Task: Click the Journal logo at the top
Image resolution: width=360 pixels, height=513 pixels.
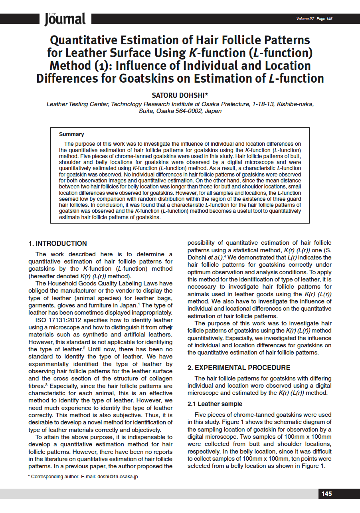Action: click(x=65, y=19)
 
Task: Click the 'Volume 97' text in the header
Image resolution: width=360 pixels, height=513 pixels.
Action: click(x=305, y=19)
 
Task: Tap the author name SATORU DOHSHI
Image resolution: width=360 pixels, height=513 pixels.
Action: click(x=180, y=95)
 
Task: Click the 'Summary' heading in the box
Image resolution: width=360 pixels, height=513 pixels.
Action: click(x=71, y=135)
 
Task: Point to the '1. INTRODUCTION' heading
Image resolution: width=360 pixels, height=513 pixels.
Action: click(x=57, y=244)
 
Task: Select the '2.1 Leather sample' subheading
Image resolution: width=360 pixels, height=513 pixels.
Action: click(x=215, y=404)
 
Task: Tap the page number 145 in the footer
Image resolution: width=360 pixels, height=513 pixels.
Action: click(x=326, y=494)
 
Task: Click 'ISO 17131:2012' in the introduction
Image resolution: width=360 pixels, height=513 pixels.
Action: click(x=57, y=320)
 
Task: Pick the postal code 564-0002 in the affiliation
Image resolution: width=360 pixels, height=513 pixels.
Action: click(x=189, y=111)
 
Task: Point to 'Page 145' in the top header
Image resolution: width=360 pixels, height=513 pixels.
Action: click(x=324, y=19)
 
